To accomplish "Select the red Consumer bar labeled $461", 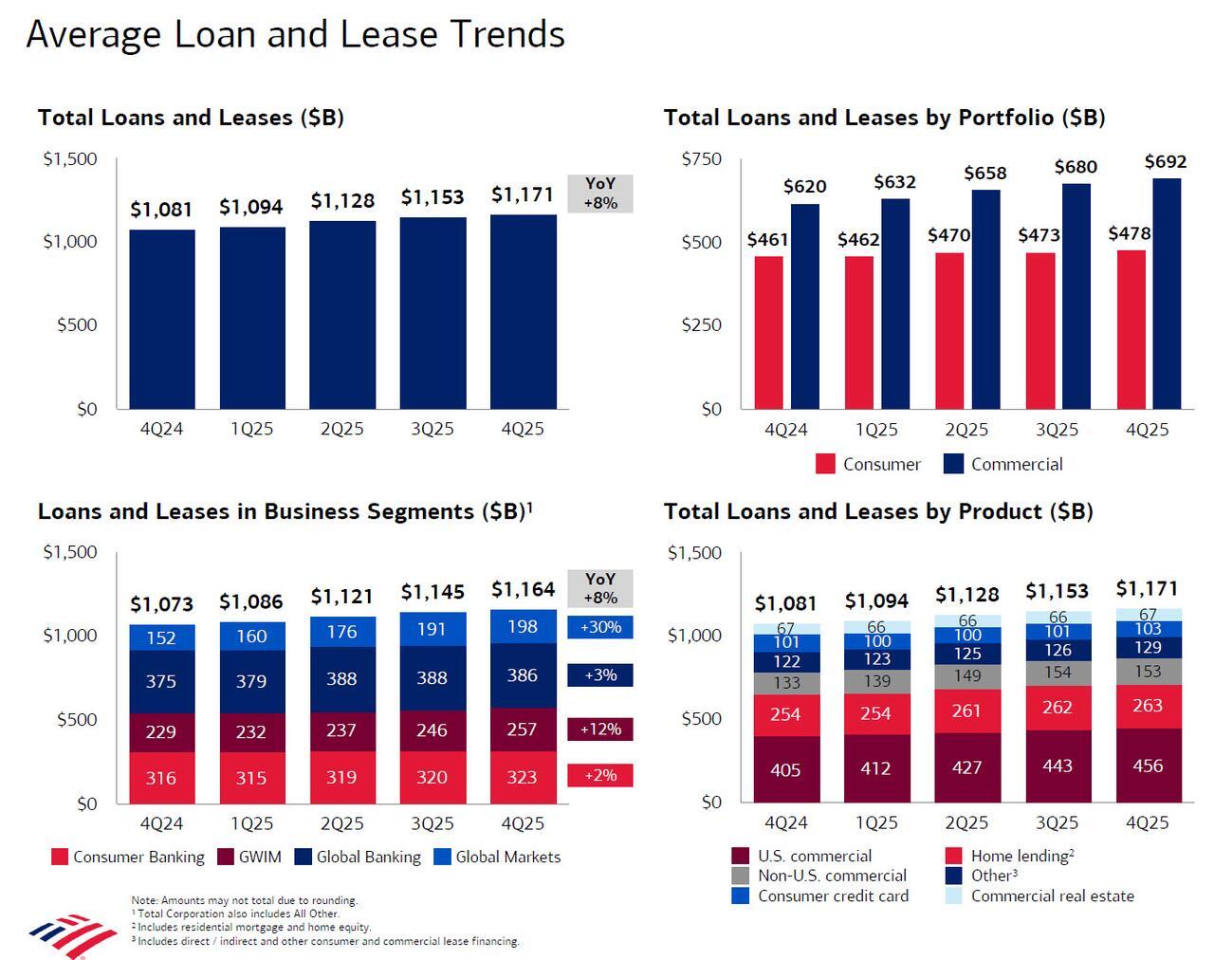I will (768, 332).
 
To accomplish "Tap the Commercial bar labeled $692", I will (1167, 294).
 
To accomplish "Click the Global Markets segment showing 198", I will (523, 627).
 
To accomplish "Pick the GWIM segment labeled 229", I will (161, 732).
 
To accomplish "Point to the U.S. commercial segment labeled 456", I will (1148, 766).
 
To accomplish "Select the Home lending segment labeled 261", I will (966, 711).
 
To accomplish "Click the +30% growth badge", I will (599, 627).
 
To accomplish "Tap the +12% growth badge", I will (599, 729).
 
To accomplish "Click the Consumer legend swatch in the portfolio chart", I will (825, 464).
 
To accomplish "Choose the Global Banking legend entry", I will (358, 857).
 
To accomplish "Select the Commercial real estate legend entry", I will (1041, 895).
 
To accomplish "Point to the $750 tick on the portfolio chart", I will (701, 158).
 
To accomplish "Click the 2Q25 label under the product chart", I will (966, 822).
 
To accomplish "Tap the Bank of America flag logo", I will (72, 935).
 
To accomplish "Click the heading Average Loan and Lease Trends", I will (295, 35).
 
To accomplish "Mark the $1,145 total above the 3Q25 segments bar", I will (432, 592).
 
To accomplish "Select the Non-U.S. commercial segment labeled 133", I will (786, 683).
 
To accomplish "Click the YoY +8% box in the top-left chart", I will (599, 194).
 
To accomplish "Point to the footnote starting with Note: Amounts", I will (244, 900).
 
